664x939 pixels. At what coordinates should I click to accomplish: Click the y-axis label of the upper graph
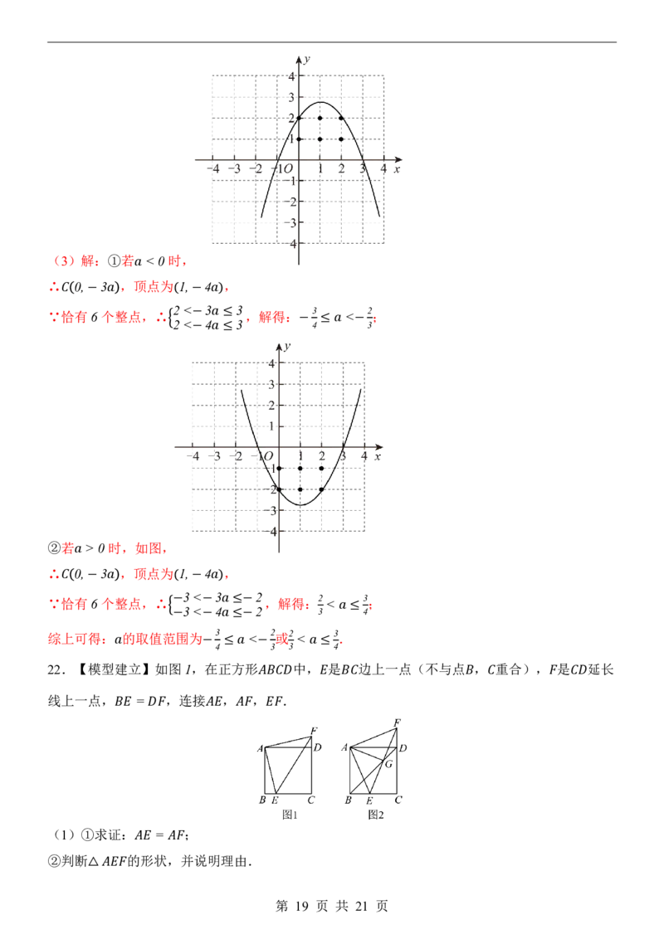click(x=307, y=59)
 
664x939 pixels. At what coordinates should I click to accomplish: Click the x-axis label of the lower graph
click(x=378, y=456)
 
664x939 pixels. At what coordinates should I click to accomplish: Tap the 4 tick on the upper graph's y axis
click(x=292, y=76)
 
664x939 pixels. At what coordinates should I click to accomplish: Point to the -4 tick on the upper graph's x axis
click(x=213, y=169)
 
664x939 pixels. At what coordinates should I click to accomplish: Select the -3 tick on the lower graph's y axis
click(x=271, y=511)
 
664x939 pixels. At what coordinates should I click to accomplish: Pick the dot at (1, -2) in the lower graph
click(x=300, y=489)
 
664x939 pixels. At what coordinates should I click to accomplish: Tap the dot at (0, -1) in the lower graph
click(x=279, y=469)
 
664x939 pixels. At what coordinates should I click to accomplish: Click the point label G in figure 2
click(x=389, y=764)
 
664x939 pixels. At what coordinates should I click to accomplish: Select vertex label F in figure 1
click(x=314, y=731)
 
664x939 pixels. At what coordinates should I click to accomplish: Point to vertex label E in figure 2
click(x=369, y=800)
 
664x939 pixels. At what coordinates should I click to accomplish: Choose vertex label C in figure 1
click(x=311, y=800)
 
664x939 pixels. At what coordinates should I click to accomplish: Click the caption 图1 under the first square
click(x=290, y=815)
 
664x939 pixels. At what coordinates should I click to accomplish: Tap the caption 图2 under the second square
click(x=376, y=815)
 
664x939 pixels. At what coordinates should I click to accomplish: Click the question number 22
click(x=56, y=670)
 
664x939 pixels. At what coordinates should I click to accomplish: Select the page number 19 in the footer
click(x=301, y=906)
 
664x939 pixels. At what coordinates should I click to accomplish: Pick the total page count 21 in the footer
click(x=361, y=906)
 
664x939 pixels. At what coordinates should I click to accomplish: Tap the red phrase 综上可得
click(x=75, y=639)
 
